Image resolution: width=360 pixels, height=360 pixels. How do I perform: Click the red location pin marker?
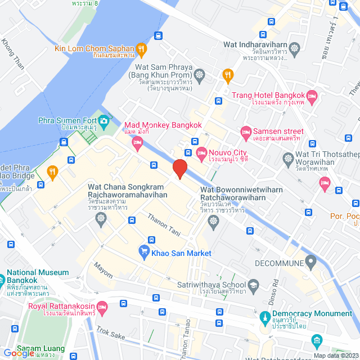tap(179, 168)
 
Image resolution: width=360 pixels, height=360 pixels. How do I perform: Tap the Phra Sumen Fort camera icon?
tap(103, 120)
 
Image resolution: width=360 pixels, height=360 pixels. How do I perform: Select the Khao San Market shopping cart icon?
tap(144, 253)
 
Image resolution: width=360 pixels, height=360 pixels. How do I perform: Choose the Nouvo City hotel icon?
tap(201, 152)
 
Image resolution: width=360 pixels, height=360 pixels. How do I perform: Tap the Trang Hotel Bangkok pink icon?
tap(312, 97)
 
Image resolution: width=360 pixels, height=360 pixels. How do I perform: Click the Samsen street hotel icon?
tap(245, 133)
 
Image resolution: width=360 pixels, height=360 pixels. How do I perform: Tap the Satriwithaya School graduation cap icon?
tap(254, 286)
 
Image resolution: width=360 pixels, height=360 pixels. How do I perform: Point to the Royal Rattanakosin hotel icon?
tap(102, 307)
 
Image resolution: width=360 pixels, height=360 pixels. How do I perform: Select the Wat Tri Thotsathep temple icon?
tap(288, 158)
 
